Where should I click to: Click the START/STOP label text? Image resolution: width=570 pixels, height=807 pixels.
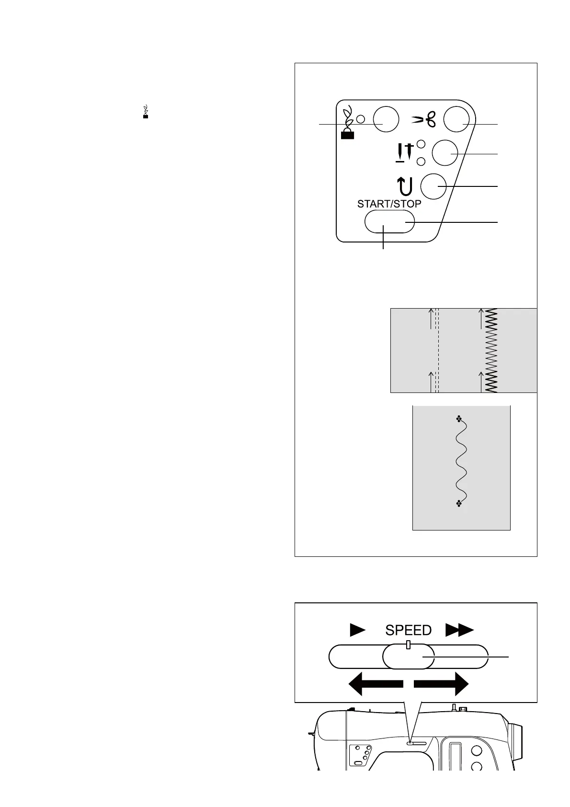point(389,204)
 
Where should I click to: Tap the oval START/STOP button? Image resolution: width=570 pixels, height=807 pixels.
point(389,221)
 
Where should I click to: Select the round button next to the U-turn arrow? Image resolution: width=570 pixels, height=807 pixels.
point(433,186)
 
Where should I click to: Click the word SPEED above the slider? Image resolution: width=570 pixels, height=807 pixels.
point(408,630)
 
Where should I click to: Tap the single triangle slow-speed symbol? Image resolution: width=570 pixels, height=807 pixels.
point(357,630)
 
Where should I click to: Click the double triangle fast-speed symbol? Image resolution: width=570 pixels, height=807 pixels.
point(459,630)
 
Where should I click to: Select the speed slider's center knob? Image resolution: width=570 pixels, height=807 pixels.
point(408,656)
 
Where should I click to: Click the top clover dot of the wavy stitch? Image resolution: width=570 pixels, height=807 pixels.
point(459,419)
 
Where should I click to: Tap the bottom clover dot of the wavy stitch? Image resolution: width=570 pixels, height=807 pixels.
point(459,503)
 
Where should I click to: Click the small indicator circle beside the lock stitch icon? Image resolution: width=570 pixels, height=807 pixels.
point(361,119)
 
